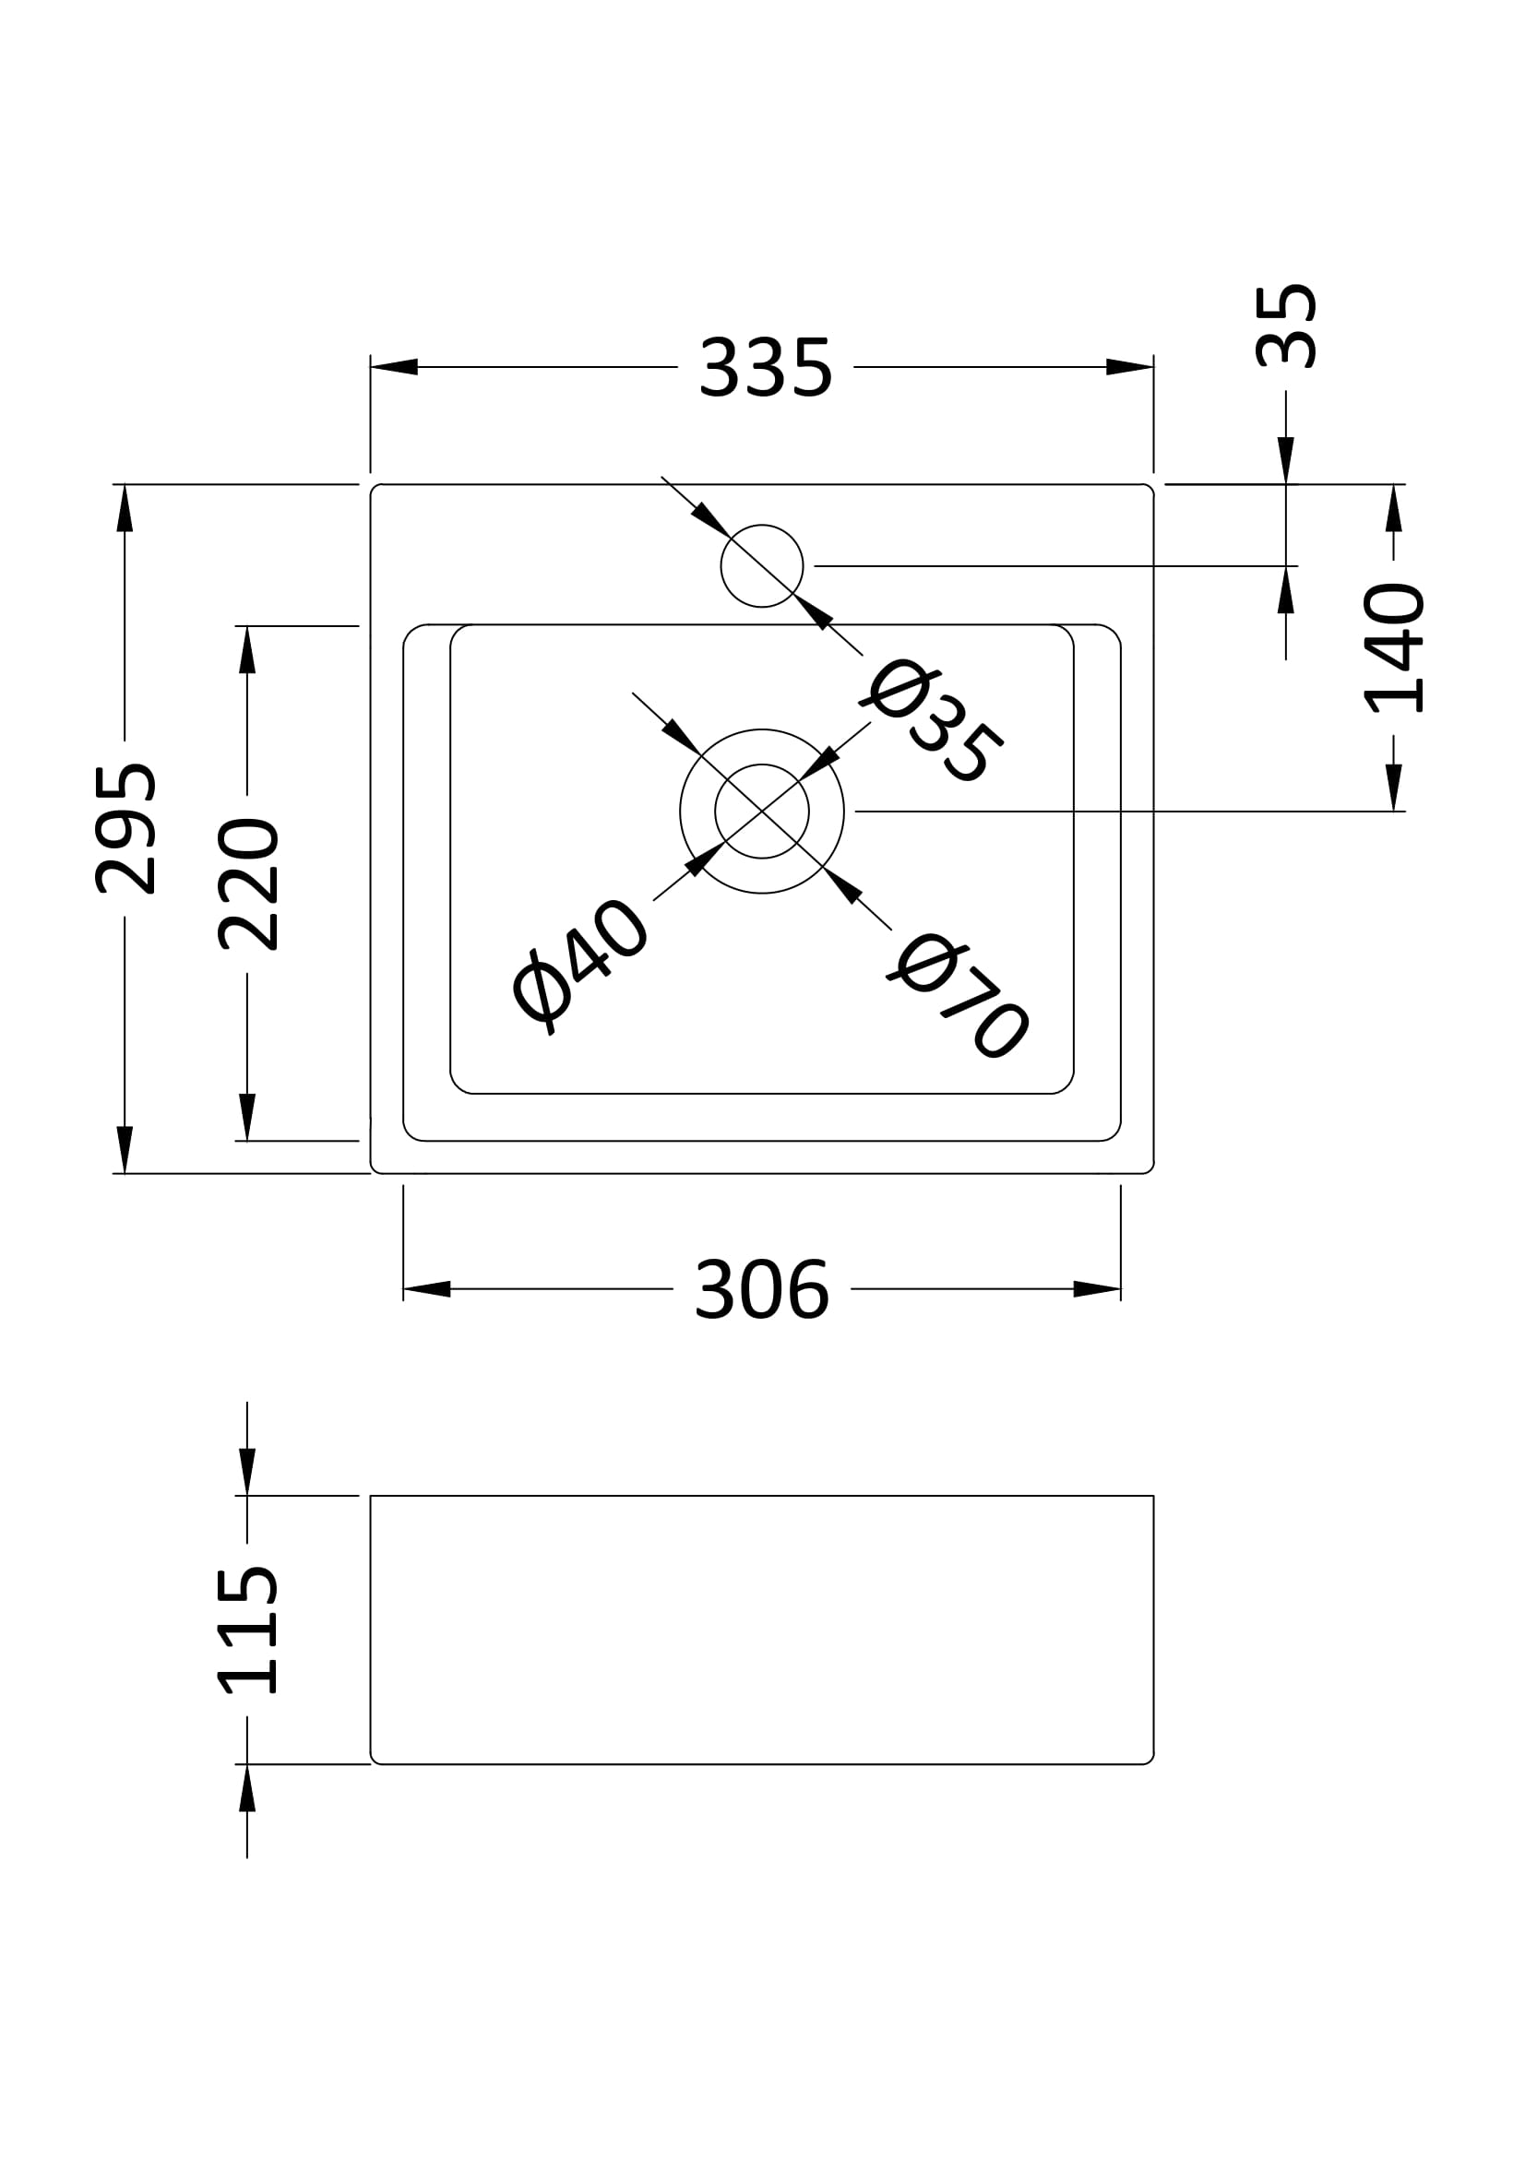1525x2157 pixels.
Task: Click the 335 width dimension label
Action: [765, 368]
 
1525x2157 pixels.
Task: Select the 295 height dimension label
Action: [125, 829]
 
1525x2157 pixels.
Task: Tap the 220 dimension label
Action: [249, 884]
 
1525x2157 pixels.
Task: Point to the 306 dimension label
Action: [761, 1290]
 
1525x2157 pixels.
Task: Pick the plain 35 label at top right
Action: [1286, 325]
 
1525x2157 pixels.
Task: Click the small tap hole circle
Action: [761, 565]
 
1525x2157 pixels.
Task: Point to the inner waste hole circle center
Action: [761, 811]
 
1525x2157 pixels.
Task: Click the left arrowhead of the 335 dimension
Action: [394, 366]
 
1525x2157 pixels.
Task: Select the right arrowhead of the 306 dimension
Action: [1098, 1289]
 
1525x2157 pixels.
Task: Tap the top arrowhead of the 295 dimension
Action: [125, 508]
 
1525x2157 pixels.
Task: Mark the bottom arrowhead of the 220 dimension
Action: [247, 1116]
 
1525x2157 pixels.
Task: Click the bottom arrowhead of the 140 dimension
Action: [1393, 788]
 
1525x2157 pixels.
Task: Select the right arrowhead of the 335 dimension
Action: [1129, 366]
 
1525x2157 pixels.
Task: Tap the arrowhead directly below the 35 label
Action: [1286, 460]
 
